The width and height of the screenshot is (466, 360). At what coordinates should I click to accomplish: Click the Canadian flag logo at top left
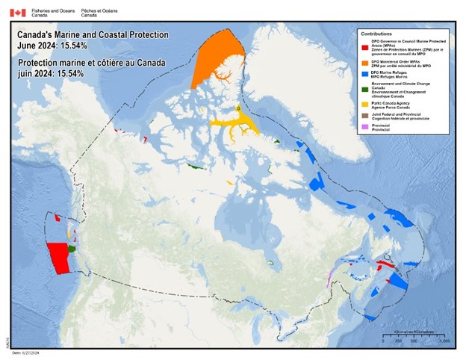pyautogui.click(x=17, y=13)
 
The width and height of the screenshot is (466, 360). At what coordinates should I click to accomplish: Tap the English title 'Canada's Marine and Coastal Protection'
pyautogui.click(x=93, y=35)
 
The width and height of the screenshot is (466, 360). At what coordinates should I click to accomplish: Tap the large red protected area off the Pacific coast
pyautogui.click(x=57, y=257)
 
